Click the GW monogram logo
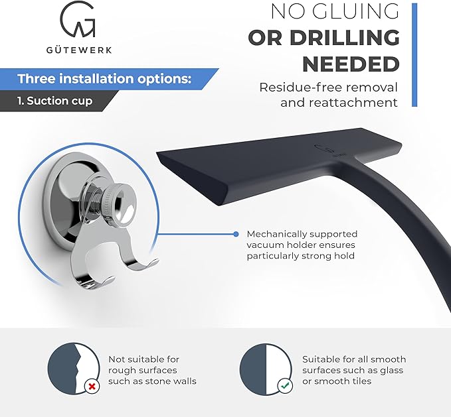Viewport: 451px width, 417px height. coord(78,19)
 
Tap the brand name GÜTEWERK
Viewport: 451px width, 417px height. coord(79,50)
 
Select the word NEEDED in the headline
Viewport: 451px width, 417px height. coord(351,64)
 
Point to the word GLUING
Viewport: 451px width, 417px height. coord(355,11)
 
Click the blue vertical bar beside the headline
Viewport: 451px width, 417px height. coord(414,55)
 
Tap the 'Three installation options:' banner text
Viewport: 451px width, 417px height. coord(104,79)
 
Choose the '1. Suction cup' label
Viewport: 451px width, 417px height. coord(54,101)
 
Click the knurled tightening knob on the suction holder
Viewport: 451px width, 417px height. coord(118,202)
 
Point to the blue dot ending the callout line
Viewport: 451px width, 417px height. coord(236,234)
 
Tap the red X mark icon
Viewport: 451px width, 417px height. coord(92,387)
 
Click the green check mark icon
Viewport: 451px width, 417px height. coord(285,386)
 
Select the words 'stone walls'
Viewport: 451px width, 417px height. coord(171,381)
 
